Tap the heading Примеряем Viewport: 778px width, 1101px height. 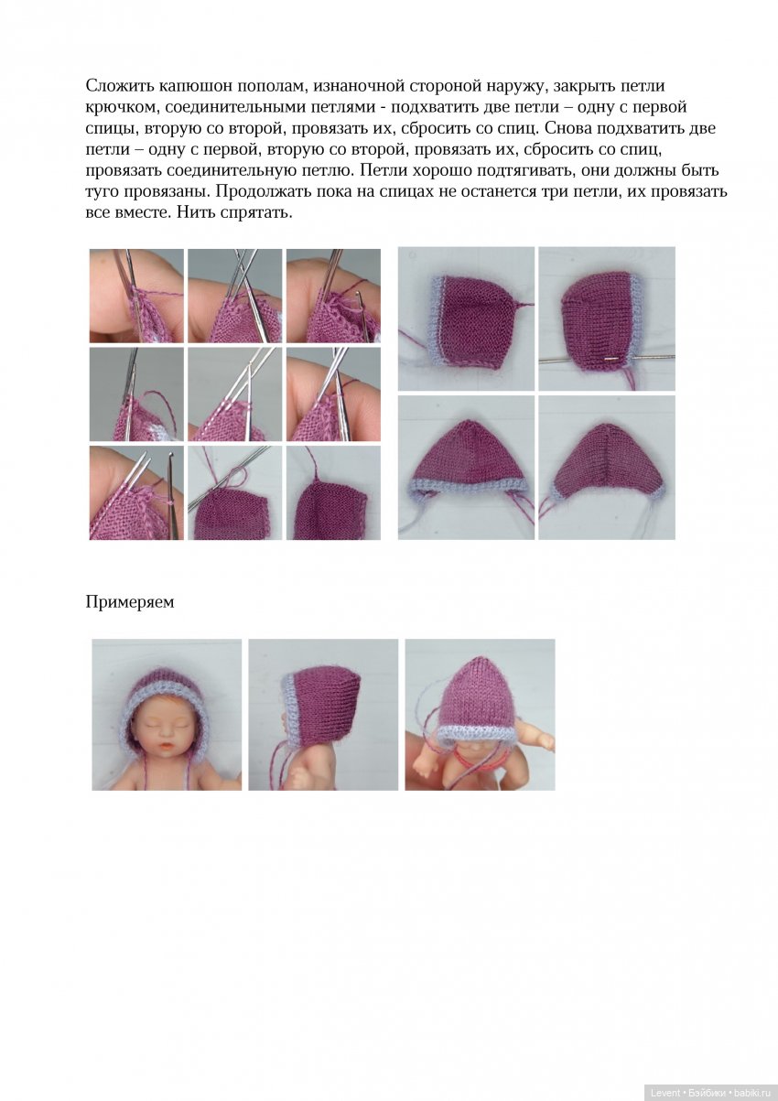pos(130,602)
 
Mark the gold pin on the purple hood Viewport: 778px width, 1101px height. pos(610,360)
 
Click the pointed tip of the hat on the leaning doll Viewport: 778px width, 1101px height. pos(474,657)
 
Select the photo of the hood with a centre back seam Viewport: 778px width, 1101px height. pos(607,468)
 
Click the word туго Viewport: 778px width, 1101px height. pos(102,192)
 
